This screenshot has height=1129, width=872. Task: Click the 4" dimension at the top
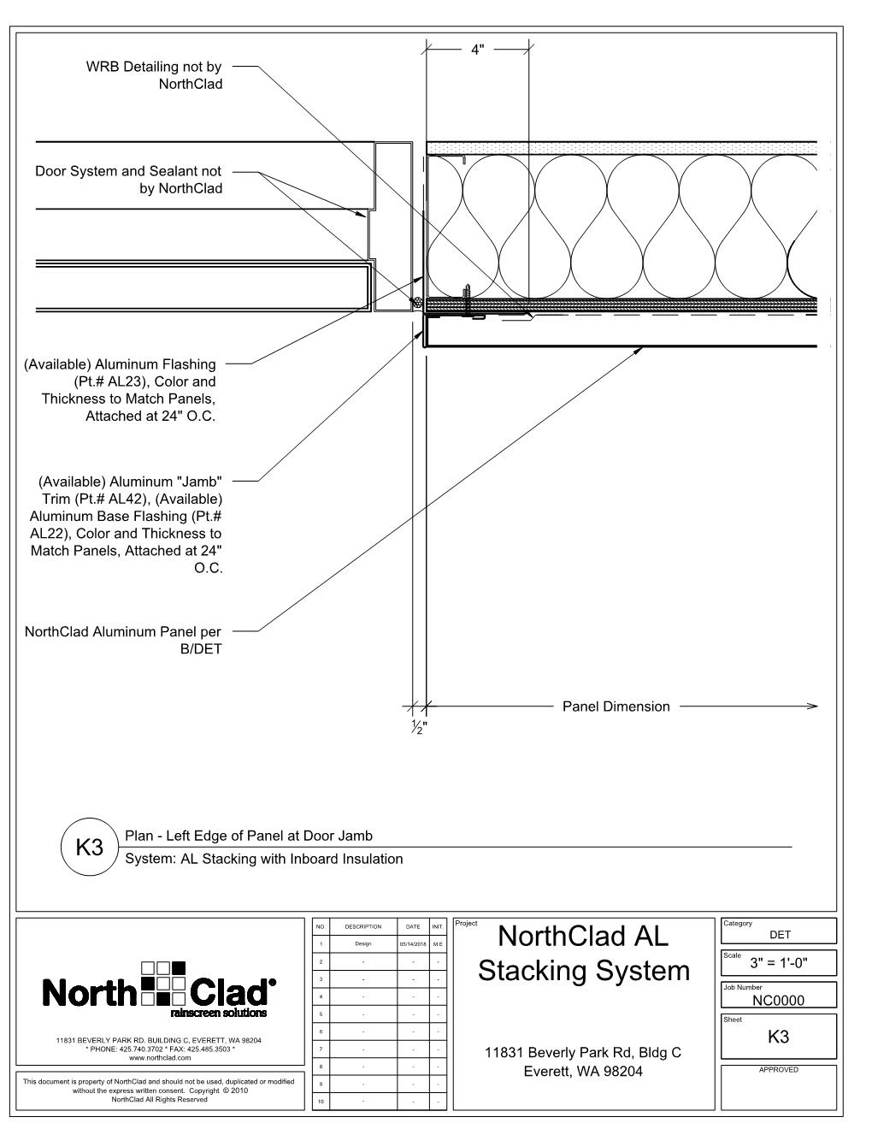point(478,50)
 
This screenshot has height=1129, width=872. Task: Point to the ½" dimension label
point(419,729)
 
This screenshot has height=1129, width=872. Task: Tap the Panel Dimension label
point(616,706)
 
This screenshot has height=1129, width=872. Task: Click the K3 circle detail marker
point(89,848)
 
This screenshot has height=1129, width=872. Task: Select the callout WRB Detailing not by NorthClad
point(154,75)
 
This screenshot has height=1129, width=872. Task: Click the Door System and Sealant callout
point(128,180)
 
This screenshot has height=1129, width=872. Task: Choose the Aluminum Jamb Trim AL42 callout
point(127,524)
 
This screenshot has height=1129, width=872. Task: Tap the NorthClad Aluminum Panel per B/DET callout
point(123,641)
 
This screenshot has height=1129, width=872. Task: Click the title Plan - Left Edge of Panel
point(249,836)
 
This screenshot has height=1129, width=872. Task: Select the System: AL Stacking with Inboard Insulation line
point(263,859)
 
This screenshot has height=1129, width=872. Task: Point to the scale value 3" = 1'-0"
point(779,964)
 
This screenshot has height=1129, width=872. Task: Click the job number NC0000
point(779,1000)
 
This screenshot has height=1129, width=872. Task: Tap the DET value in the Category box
point(780,935)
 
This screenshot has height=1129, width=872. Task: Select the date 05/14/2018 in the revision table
point(413,943)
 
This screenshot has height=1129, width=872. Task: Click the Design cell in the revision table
point(363,943)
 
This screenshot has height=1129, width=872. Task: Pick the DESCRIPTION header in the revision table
point(363,926)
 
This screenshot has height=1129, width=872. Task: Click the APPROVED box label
point(779,1070)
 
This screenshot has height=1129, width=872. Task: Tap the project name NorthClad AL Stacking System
point(583,954)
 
